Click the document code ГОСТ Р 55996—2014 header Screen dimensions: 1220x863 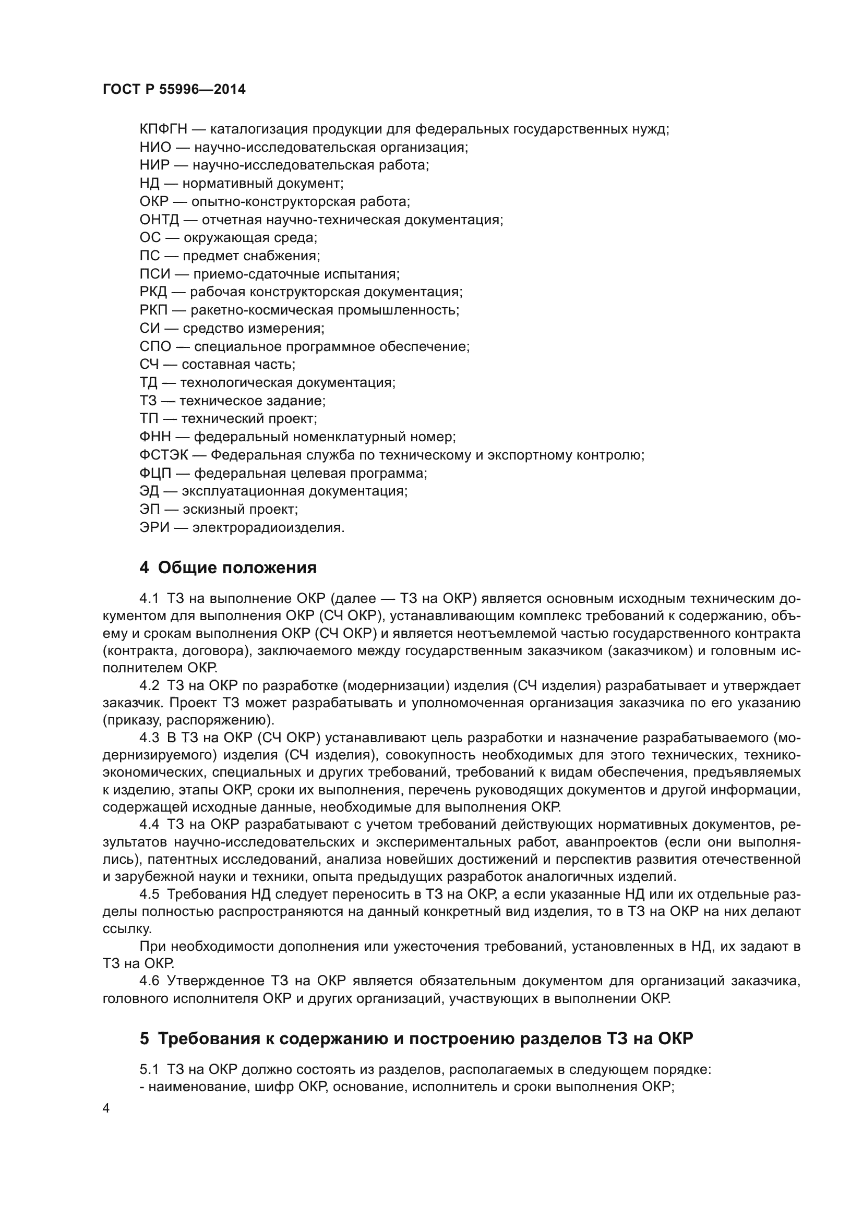(174, 89)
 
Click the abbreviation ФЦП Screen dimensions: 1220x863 (155, 473)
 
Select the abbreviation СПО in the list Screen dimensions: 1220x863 (155, 346)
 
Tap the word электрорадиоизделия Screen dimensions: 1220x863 (268, 528)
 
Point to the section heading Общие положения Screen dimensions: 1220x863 (237, 567)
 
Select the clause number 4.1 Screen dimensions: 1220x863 (149, 598)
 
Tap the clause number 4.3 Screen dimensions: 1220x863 (149, 738)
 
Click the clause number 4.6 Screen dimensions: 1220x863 (149, 981)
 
